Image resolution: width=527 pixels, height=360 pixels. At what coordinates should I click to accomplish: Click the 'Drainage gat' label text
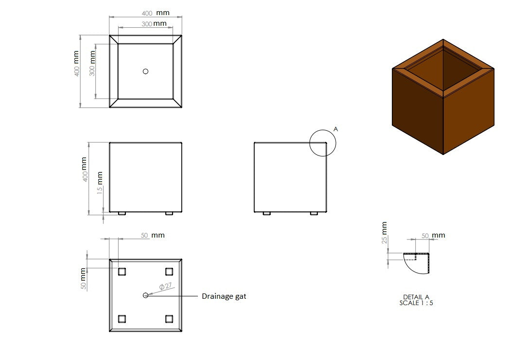[224, 296]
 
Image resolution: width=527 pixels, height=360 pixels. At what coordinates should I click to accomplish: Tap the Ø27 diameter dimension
[165, 287]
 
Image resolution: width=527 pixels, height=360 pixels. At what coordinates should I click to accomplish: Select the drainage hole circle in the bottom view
[145, 295]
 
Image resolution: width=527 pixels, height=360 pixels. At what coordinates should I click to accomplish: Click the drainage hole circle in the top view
[145, 71]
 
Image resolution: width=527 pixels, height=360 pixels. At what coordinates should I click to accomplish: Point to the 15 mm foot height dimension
[100, 183]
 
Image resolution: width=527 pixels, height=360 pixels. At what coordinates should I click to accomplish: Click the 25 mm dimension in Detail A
[385, 232]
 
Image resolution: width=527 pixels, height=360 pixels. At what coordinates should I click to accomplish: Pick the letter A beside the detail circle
[335, 129]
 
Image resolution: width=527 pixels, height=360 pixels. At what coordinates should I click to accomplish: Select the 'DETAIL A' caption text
[416, 297]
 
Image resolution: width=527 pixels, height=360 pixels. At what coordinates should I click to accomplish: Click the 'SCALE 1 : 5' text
[416, 303]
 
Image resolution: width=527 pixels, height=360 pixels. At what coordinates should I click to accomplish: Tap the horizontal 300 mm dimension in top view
[154, 23]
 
